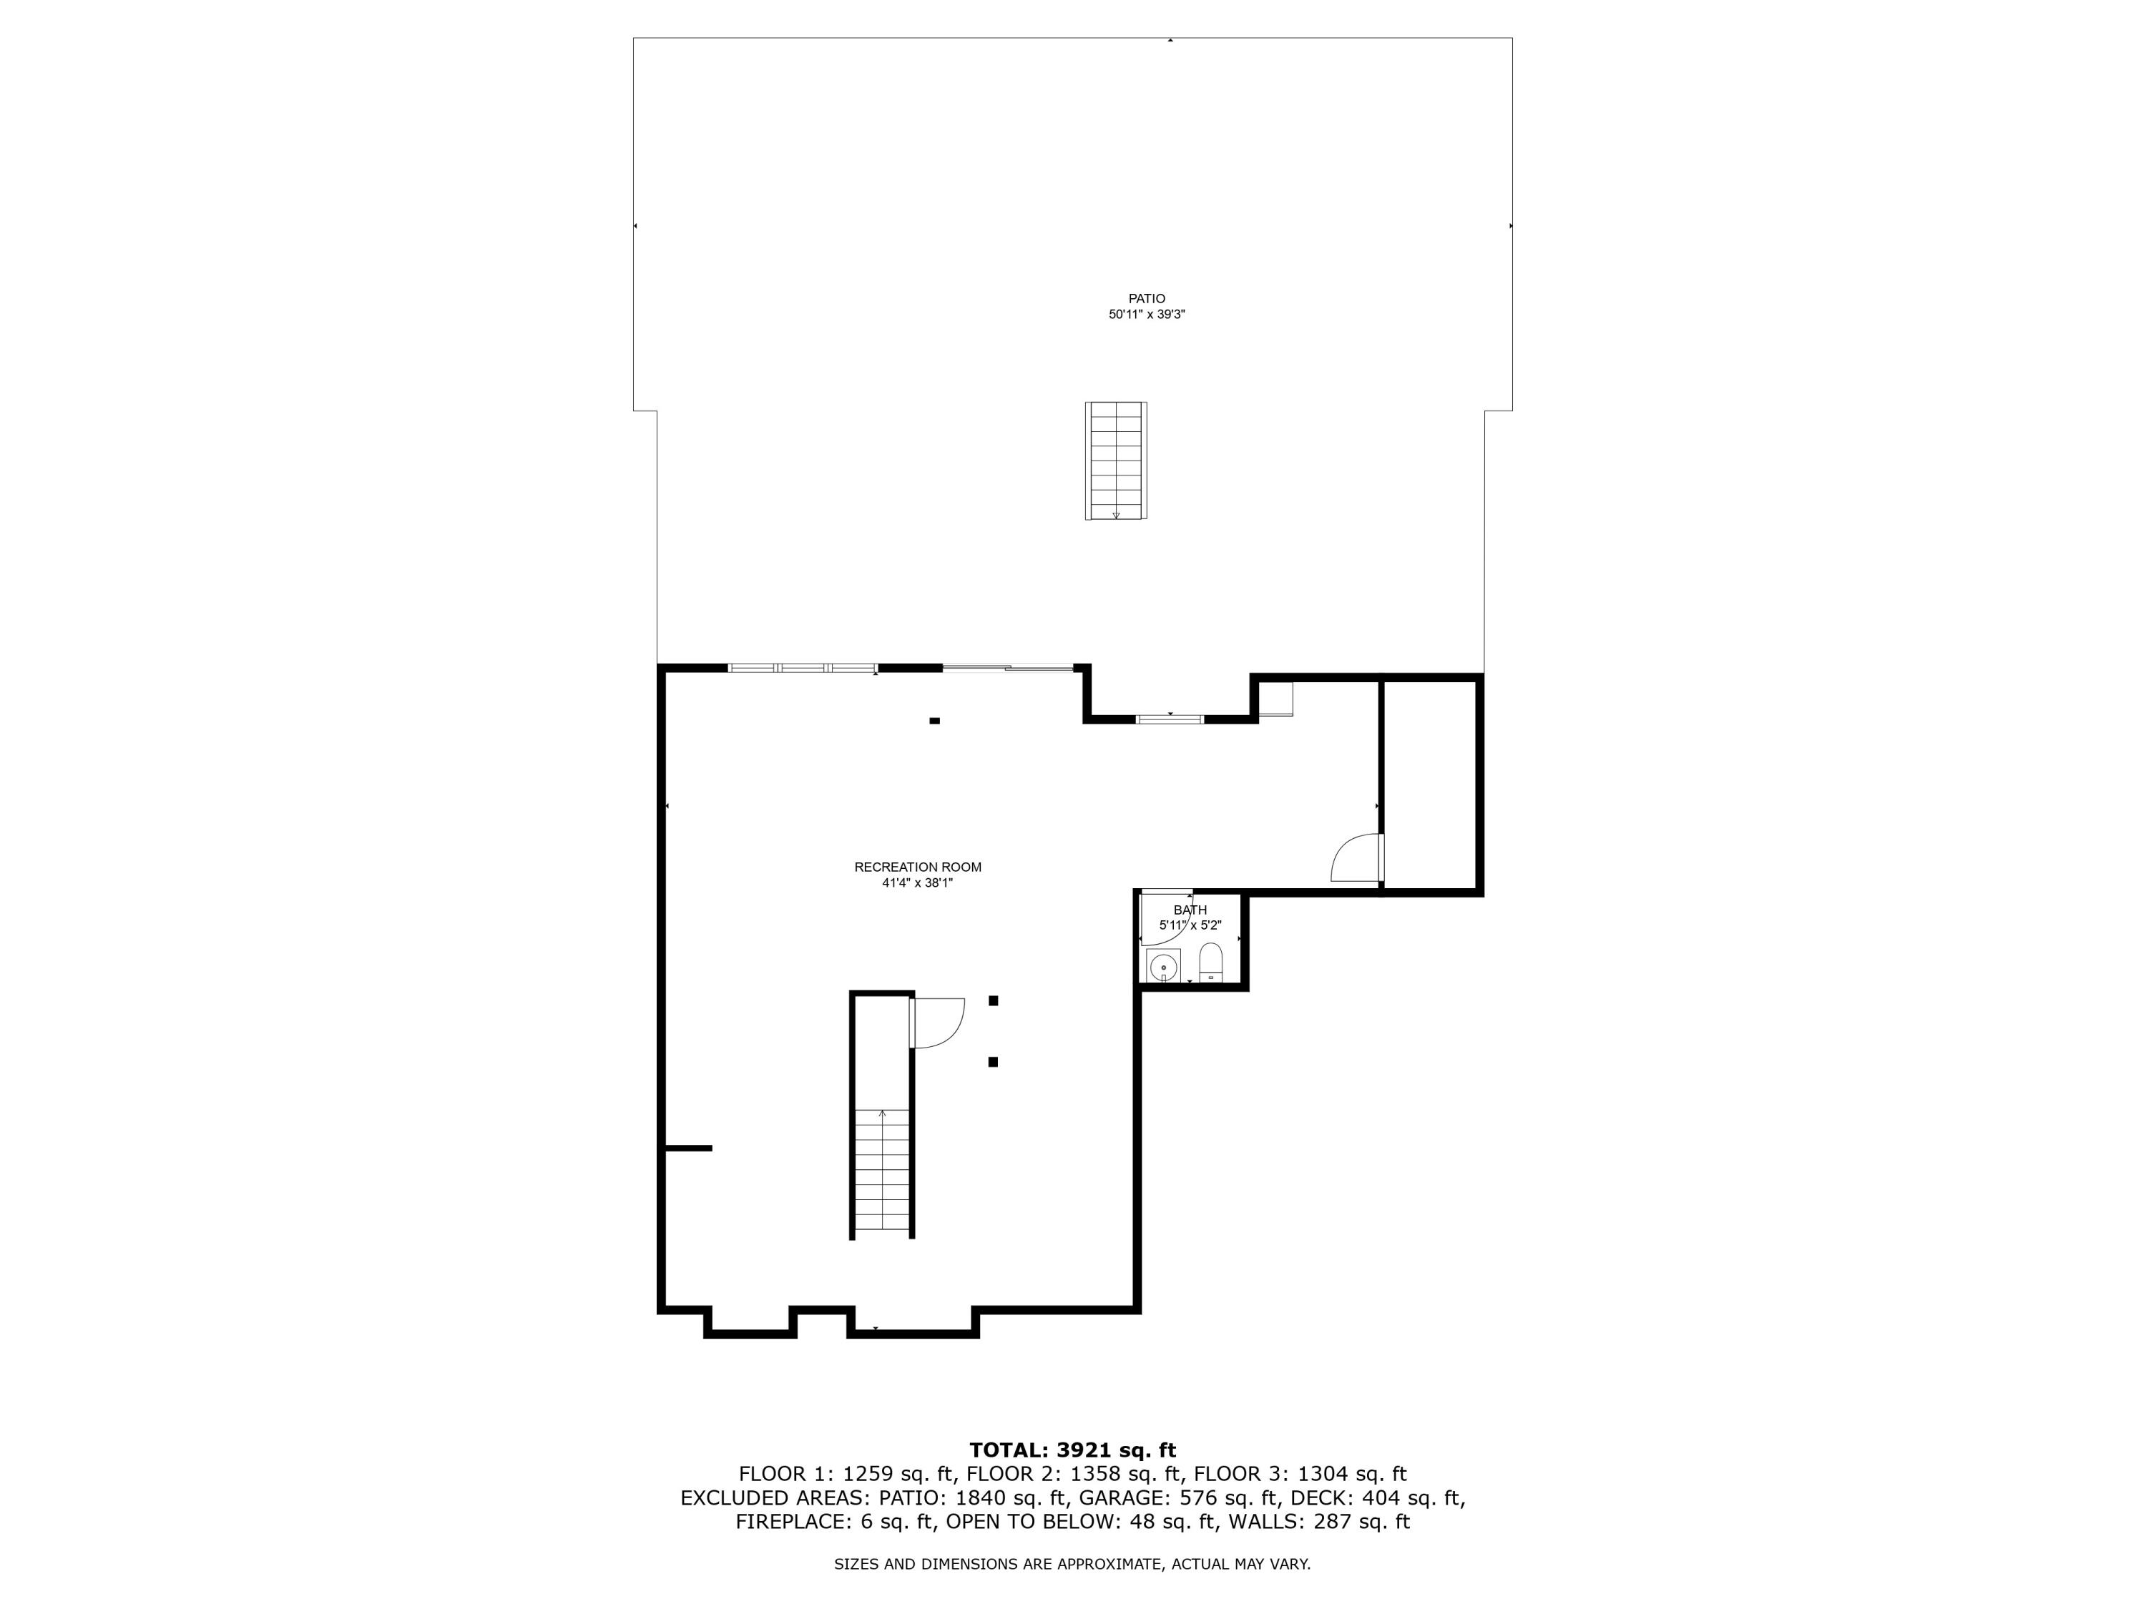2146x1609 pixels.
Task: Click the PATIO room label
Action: pos(1146,299)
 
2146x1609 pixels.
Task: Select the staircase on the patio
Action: pos(1116,461)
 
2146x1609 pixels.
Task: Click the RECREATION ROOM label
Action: pos(918,867)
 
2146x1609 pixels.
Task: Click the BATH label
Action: pos(1190,910)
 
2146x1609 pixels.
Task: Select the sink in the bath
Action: pos(1163,966)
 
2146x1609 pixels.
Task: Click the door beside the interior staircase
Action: pos(936,1023)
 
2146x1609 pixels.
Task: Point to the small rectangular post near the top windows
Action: pos(935,721)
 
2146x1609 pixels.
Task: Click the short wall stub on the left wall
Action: pos(689,1148)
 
